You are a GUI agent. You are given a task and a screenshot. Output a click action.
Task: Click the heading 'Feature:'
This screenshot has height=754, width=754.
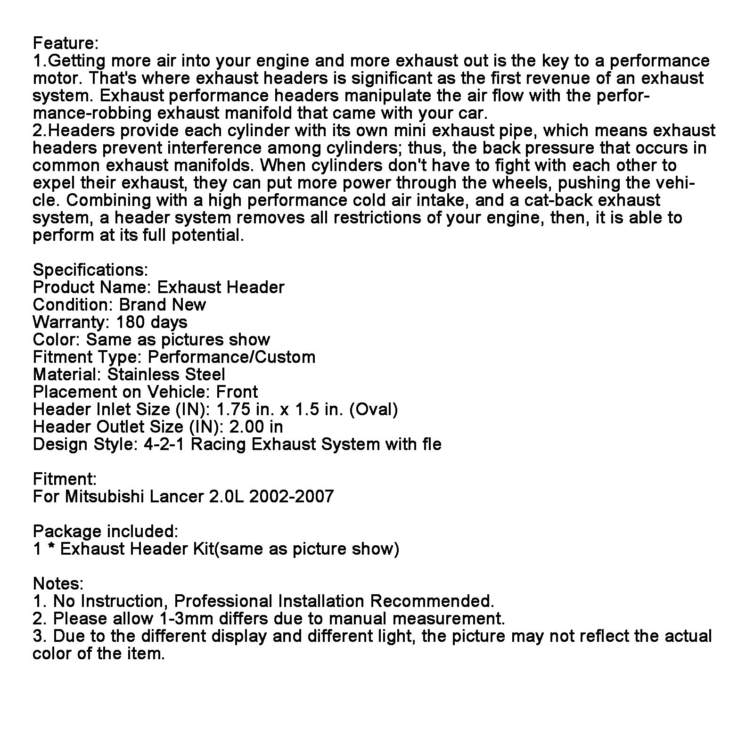[66, 43]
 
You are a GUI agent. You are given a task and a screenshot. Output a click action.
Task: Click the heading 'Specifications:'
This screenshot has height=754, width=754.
[90, 270]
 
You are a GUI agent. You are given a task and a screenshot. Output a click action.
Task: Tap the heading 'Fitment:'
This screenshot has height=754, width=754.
[65, 479]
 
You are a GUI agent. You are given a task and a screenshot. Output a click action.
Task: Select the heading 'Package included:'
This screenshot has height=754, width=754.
[106, 532]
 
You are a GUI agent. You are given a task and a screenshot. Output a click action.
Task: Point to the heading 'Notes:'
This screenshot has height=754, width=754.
[58, 584]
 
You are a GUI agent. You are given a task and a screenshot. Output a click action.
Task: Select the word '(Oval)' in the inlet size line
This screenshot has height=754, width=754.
[373, 410]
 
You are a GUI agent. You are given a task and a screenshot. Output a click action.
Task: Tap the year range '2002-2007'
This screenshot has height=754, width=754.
[291, 497]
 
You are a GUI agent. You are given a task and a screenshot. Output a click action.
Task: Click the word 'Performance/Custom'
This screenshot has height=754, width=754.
[231, 357]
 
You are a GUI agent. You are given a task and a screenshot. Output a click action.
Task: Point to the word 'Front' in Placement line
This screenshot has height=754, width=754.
[237, 392]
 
